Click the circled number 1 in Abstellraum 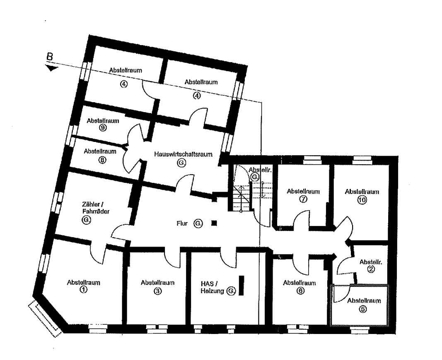pyautogui.click(x=83, y=289)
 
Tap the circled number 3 pyautogui.click(x=157, y=291)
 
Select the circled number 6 pyautogui.click(x=301, y=290)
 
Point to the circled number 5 pyautogui.click(x=363, y=309)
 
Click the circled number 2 pyautogui.click(x=371, y=269)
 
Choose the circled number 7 pyautogui.click(x=303, y=199)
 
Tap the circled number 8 pyautogui.click(x=102, y=160)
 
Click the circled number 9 pyautogui.click(x=103, y=127)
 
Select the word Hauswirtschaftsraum pyautogui.click(x=183, y=154)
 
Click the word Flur pyautogui.click(x=182, y=223)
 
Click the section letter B pyautogui.click(x=50, y=57)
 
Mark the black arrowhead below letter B pyautogui.click(x=52, y=68)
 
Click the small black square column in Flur pyautogui.click(x=214, y=223)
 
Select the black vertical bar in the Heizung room pyautogui.click(x=241, y=286)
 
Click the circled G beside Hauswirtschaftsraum pyautogui.click(x=182, y=163)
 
